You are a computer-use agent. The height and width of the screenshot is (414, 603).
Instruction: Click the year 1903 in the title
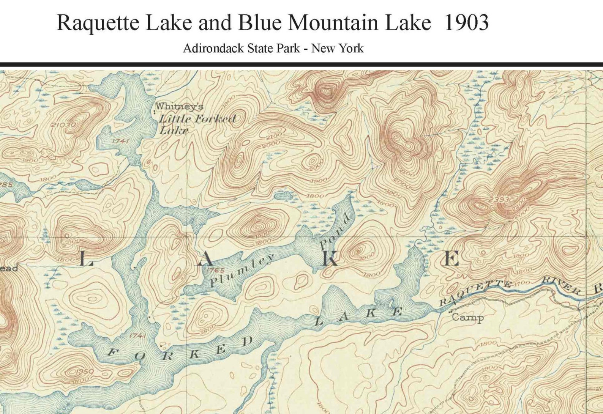click(466, 23)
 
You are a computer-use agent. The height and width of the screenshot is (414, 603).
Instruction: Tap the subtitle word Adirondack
click(213, 49)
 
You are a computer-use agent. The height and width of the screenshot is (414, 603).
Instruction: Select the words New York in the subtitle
click(337, 49)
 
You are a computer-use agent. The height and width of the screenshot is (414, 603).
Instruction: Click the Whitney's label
click(179, 107)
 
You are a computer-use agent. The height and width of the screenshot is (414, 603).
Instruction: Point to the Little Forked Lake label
click(197, 124)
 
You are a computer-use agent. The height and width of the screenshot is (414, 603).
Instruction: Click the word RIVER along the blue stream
click(561, 286)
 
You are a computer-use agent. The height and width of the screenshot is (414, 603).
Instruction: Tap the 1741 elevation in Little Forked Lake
click(121, 141)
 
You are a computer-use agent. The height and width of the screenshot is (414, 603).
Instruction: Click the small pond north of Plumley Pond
click(283, 196)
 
